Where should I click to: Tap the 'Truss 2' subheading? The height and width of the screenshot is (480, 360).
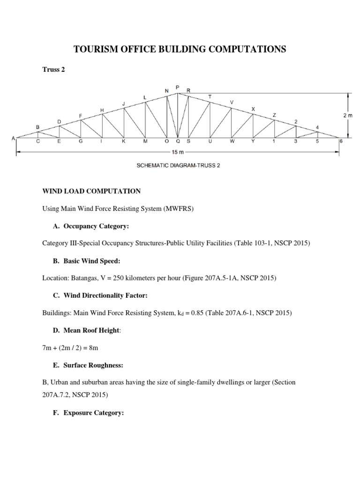(54, 70)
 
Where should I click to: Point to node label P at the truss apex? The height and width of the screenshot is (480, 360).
(177, 87)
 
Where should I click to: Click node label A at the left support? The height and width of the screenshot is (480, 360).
(14, 138)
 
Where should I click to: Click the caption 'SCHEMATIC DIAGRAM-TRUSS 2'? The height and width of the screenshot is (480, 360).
(177, 165)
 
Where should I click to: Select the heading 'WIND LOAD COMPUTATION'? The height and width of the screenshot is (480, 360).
(91, 191)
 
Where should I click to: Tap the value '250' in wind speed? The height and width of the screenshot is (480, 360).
(117, 278)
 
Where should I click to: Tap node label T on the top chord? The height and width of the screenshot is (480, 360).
(210, 97)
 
